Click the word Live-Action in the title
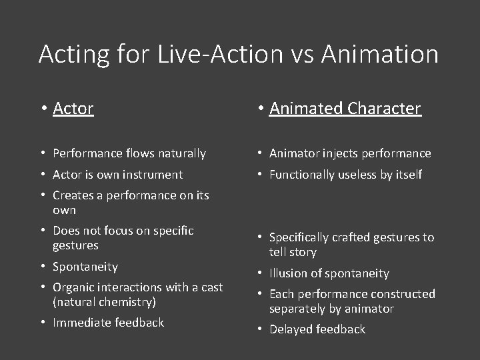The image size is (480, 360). click(221, 54)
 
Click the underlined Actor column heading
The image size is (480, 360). click(73, 108)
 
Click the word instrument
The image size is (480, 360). click(153, 175)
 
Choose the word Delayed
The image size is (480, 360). click(291, 329)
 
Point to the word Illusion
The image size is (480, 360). click(290, 273)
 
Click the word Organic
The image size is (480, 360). click(73, 287)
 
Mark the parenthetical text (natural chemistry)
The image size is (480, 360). click(104, 302)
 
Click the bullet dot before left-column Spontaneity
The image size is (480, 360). click(43, 267)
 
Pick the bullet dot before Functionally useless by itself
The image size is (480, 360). click(259, 175)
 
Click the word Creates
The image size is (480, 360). click(73, 195)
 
